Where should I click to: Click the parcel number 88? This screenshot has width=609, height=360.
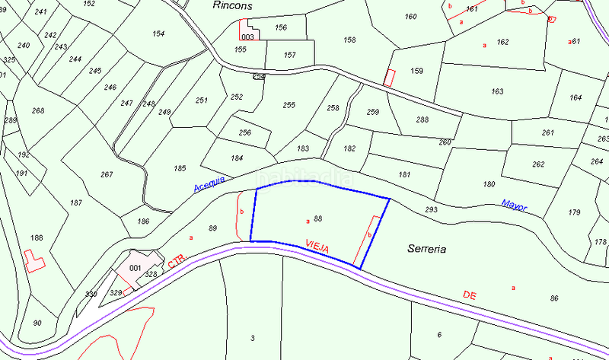point(318,219)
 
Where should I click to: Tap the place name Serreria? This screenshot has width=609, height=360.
point(426,249)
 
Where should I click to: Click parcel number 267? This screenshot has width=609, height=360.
point(107,174)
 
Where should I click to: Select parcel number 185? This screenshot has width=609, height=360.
point(180,167)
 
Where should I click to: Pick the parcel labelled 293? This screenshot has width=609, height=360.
point(432,209)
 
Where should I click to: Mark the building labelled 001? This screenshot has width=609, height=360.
point(136,267)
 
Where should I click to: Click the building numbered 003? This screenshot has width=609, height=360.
point(247,37)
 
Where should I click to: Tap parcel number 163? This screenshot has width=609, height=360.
point(497,92)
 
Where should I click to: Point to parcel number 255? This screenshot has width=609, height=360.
point(289,105)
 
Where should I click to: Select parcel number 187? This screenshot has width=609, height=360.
point(75,202)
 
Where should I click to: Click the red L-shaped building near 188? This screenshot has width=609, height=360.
point(33,262)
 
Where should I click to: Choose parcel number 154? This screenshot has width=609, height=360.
point(158,34)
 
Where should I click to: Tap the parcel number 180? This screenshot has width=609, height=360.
point(489,184)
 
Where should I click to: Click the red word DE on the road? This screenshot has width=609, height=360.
point(470,293)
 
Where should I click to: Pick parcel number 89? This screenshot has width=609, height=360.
point(212,228)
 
